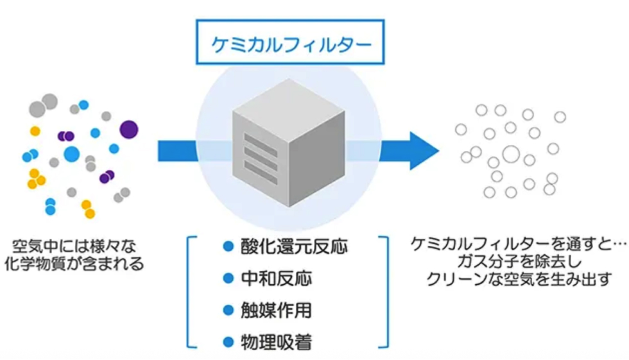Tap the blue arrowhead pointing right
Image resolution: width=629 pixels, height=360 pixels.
click(417, 150)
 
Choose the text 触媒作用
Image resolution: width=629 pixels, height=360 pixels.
click(277, 311)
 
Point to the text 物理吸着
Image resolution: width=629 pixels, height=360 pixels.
click(277, 342)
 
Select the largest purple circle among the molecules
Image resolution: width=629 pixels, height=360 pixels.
click(129, 129)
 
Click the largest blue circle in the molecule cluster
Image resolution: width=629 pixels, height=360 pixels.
click(71, 153)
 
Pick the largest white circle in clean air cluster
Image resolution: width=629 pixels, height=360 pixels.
click(511, 154)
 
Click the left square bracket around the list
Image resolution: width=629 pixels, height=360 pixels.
click(191, 292)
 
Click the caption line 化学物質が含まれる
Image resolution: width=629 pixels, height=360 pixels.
click(79, 264)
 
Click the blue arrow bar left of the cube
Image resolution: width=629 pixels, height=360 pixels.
click(177, 150)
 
